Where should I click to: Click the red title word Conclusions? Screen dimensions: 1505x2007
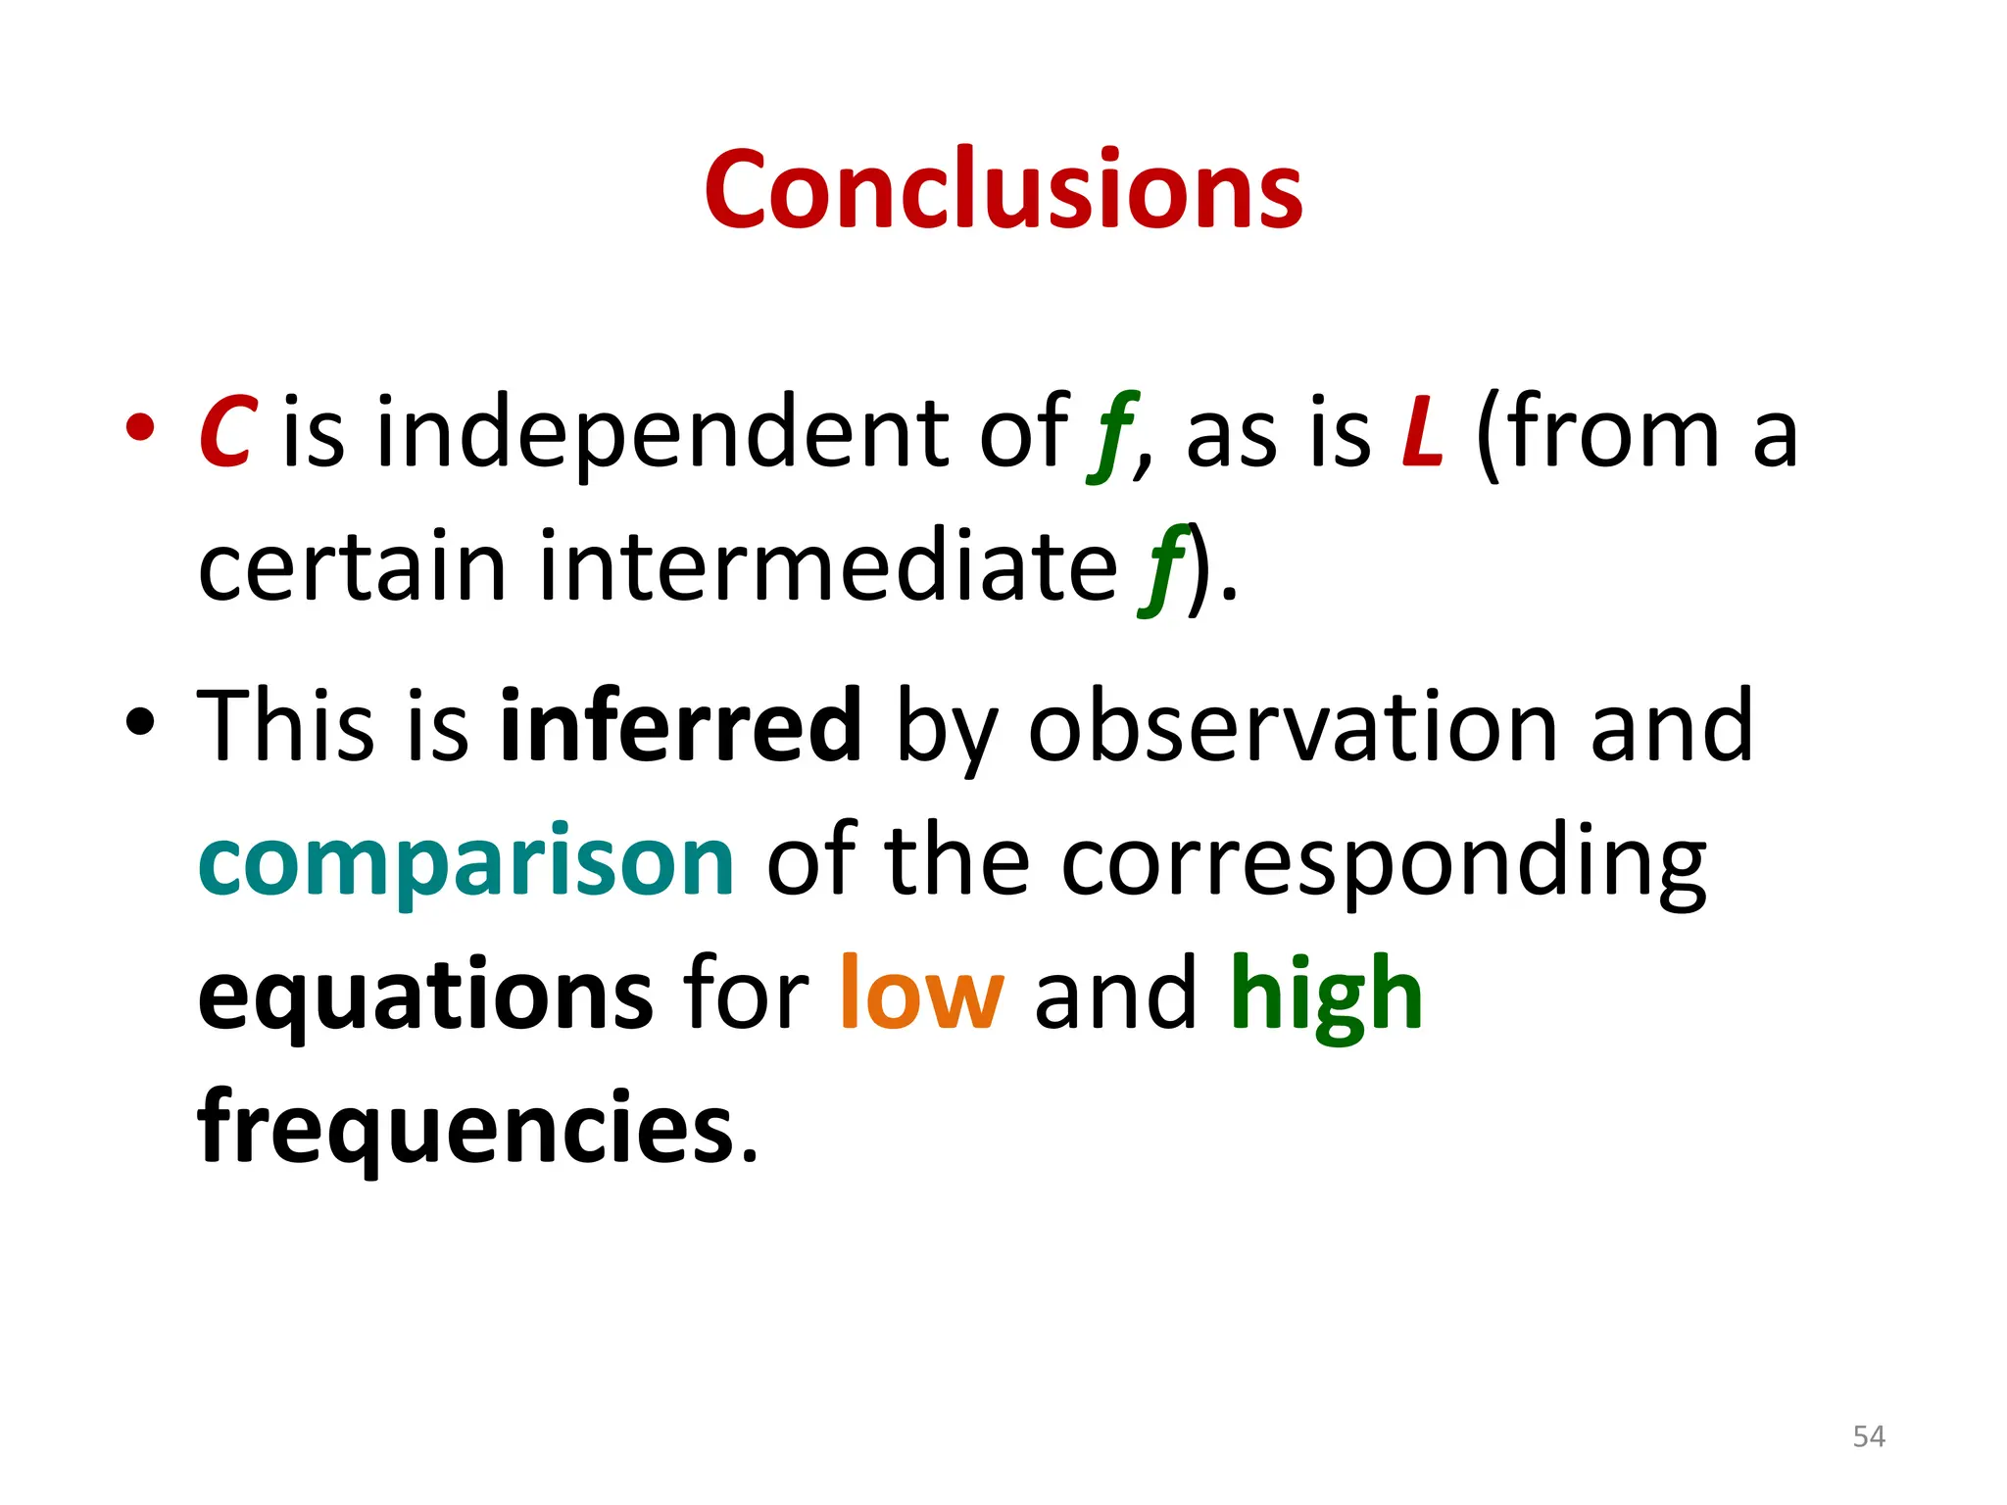point(1003,191)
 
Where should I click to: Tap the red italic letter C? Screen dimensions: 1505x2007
point(227,433)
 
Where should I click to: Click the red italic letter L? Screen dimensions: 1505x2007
point(1422,433)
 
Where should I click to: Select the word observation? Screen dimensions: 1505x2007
point(1293,727)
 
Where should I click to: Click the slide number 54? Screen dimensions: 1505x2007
point(1868,1436)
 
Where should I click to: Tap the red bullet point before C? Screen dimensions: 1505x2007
point(140,427)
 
